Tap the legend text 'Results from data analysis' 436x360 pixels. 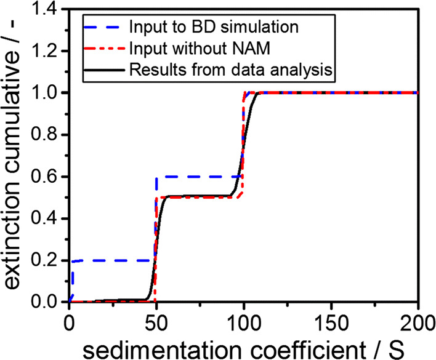pos(232,70)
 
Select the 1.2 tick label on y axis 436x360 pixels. pos(49,51)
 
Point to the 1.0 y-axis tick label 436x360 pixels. pos(49,93)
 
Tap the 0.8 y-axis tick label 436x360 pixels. pos(49,135)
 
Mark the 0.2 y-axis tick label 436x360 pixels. pos(49,260)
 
